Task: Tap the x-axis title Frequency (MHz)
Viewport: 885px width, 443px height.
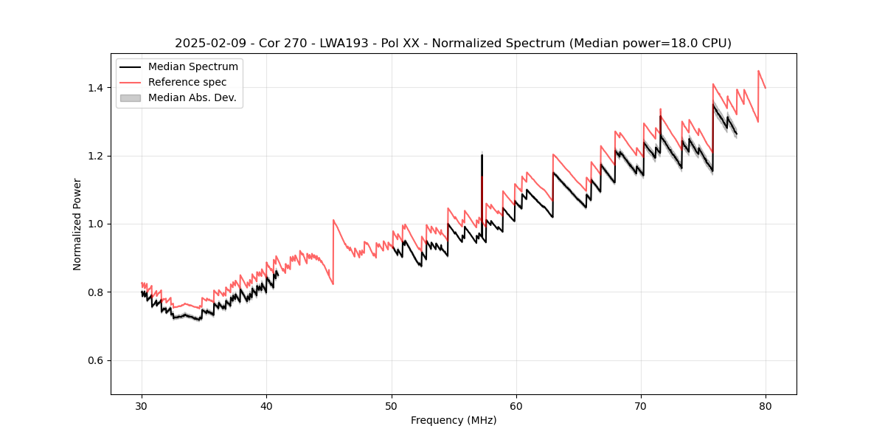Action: coord(454,420)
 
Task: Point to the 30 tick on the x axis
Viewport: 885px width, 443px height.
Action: coord(142,405)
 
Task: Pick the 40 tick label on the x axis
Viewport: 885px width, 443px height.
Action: coord(267,405)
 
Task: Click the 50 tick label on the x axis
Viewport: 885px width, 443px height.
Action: coord(392,405)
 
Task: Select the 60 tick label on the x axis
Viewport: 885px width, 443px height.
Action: coord(516,405)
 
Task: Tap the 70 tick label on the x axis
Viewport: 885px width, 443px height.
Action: coord(641,405)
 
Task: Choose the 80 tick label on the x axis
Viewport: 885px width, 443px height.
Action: coord(766,405)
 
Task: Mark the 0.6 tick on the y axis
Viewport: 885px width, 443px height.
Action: coord(96,360)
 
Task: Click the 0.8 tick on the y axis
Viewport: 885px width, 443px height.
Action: coord(96,292)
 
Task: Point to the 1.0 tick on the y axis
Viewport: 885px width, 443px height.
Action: coord(96,224)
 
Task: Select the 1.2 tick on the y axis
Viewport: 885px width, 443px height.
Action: coord(96,156)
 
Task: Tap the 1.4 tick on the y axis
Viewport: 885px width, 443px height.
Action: coord(96,88)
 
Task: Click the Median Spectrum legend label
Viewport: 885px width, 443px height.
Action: coord(192,67)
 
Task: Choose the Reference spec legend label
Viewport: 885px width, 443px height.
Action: coord(187,83)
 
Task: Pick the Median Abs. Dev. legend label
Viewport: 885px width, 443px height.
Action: coord(192,98)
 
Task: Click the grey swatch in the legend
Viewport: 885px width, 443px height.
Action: coord(130,98)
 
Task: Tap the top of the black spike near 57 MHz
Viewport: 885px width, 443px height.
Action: coord(482,154)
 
